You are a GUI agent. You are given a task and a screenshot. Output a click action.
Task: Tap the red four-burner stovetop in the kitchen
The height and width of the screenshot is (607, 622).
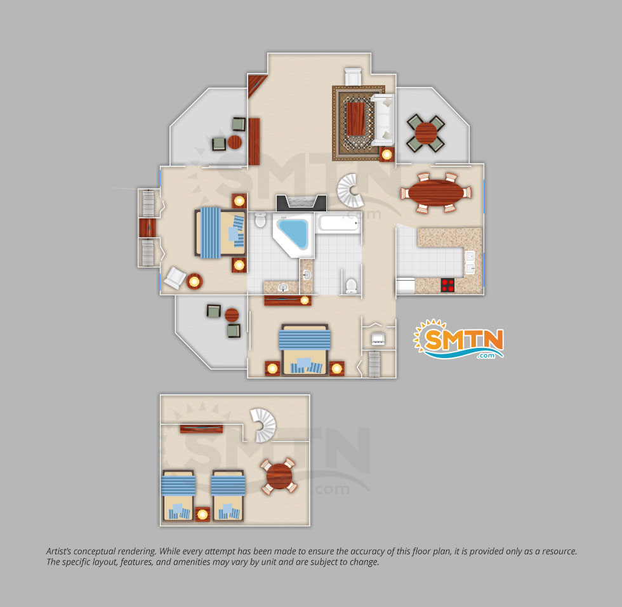(x=448, y=285)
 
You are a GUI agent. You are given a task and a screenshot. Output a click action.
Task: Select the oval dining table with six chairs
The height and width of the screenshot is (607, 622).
(x=436, y=193)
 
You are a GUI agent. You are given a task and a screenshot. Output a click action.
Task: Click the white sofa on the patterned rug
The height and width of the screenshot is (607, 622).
(x=382, y=119)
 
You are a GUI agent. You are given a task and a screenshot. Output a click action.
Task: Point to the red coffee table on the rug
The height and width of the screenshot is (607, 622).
(x=355, y=119)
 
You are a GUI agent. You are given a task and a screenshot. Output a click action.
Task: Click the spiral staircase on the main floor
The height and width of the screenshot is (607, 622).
(x=350, y=190)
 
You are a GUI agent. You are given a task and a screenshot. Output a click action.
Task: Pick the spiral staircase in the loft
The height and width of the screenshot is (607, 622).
(x=264, y=425)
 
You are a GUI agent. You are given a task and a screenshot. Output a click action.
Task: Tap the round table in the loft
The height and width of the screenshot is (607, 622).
(x=279, y=476)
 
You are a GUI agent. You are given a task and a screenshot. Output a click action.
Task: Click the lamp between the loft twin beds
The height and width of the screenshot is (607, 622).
(x=202, y=514)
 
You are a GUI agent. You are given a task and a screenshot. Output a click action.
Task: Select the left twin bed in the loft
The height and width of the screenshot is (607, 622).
(x=178, y=495)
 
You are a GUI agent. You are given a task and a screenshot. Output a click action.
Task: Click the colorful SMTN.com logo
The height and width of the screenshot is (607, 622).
(x=458, y=340)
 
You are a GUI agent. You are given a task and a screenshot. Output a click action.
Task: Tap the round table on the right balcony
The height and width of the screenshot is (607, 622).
(x=426, y=133)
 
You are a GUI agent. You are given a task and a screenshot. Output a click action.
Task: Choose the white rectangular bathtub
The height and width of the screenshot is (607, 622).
(x=338, y=223)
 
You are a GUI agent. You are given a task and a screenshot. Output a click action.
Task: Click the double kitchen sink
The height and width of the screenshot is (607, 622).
(x=470, y=263)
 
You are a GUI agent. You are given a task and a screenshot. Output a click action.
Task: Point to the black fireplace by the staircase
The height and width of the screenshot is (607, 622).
(x=301, y=203)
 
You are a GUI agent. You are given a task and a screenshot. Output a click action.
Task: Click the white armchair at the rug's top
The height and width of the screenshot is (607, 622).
(x=353, y=77)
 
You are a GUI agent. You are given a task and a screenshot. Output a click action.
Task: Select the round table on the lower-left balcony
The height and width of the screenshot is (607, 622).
(x=232, y=316)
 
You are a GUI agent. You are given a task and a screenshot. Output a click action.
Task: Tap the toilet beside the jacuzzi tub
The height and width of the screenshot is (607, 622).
(x=260, y=220)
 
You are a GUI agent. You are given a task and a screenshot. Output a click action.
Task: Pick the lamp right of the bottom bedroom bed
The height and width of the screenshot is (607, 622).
(x=337, y=368)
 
